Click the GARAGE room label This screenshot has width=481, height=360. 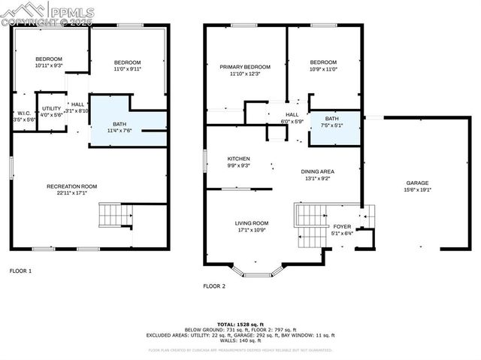coord(417,183)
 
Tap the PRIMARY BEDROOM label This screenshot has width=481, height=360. coord(245,67)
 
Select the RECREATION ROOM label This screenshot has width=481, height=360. coord(72,186)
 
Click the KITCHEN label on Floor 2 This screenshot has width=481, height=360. coord(239,159)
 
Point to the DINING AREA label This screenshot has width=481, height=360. coord(318,171)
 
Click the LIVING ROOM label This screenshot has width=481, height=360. coord(252,222)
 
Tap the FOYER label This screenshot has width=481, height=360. coord(342,225)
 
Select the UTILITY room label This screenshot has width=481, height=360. coord(52,109)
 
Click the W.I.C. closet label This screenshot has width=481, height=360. coord(23,113)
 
